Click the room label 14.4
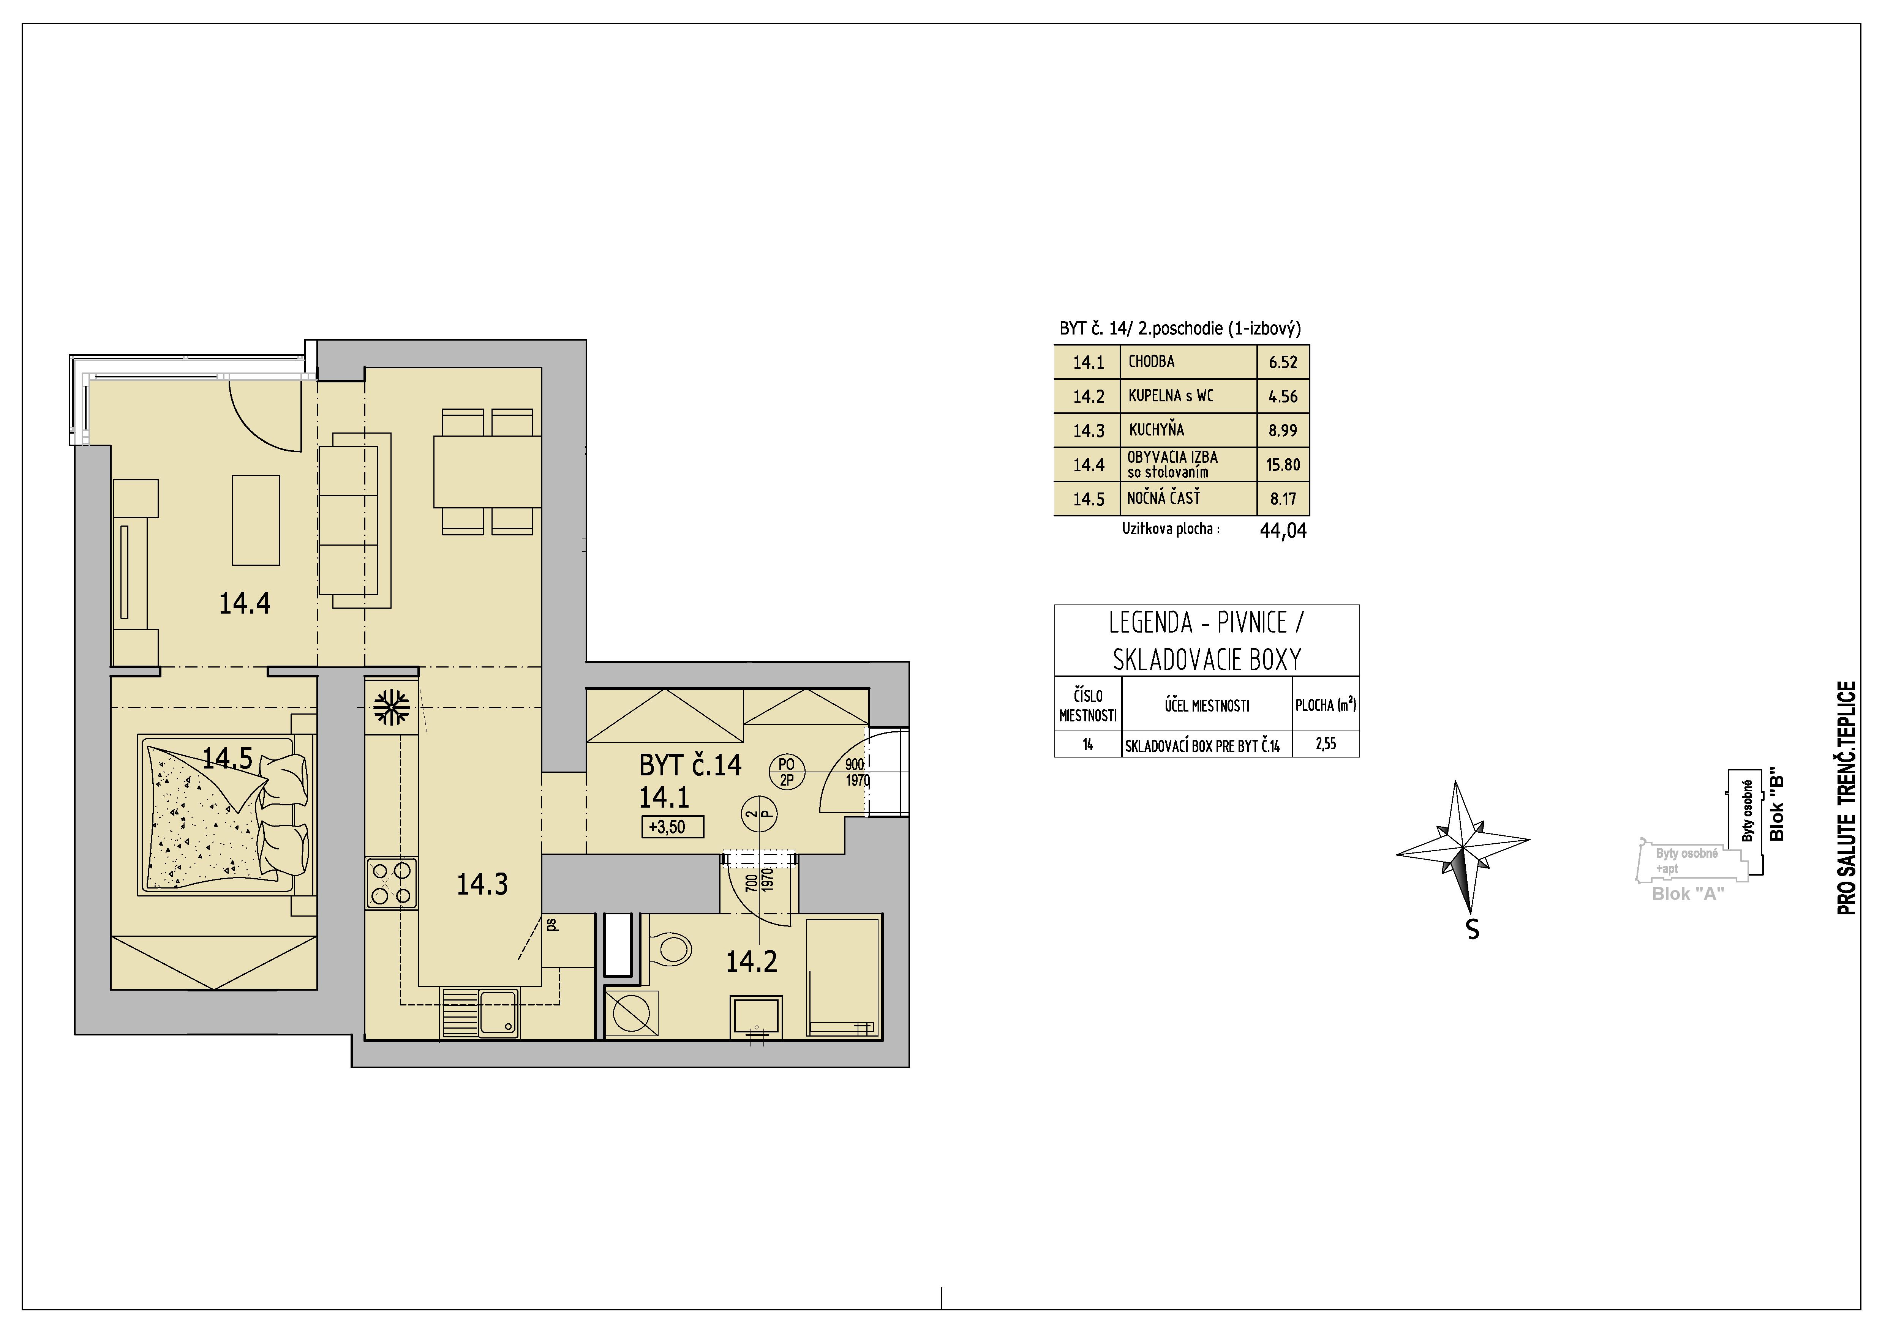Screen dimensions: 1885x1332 (x=245, y=604)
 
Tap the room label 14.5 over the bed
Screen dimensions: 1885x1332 (x=228, y=758)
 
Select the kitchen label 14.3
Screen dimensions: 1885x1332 (x=482, y=884)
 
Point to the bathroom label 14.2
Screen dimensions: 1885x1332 (x=751, y=961)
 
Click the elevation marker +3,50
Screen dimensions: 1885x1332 (x=672, y=827)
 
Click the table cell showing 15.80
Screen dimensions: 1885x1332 (x=1283, y=464)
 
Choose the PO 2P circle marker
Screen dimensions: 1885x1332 (x=787, y=772)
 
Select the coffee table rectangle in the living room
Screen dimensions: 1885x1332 (x=256, y=520)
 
